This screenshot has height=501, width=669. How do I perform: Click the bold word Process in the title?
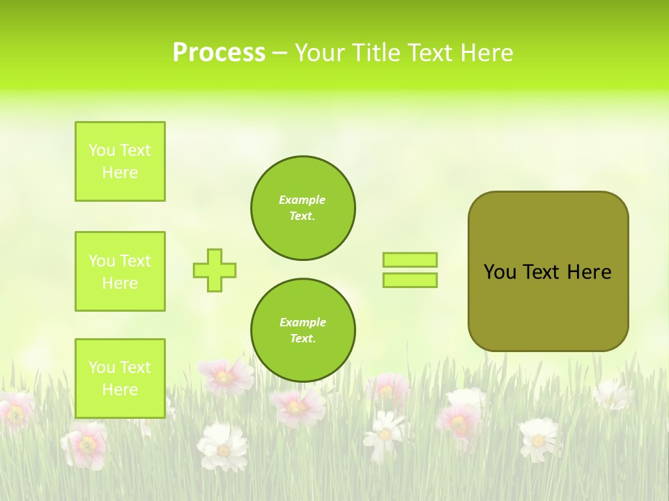(x=219, y=53)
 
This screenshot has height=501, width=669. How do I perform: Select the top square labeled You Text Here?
(x=120, y=161)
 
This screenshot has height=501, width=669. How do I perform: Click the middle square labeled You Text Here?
(x=120, y=271)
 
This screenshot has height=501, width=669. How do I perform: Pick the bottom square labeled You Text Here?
(x=120, y=379)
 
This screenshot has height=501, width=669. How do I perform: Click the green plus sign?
(x=215, y=270)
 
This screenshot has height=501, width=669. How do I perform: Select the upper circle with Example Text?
(x=302, y=208)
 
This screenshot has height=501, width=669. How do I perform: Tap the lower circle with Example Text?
(x=302, y=331)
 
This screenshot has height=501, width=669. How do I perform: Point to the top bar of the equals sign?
(x=410, y=260)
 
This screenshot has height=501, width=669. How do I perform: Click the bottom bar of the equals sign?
(x=410, y=280)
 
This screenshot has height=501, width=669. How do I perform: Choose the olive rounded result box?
(x=548, y=306)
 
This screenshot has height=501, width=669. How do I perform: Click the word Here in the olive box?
(x=589, y=272)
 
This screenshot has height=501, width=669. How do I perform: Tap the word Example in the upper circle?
(x=302, y=200)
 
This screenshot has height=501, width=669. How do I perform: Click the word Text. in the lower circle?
(x=302, y=339)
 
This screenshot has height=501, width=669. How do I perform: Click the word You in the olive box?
(x=500, y=272)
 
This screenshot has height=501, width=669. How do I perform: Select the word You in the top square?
(x=102, y=150)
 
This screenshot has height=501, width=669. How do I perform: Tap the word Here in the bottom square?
(x=120, y=390)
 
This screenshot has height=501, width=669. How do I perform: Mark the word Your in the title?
(x=320, y=53)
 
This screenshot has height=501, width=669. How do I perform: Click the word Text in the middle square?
(x=135, y=261)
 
